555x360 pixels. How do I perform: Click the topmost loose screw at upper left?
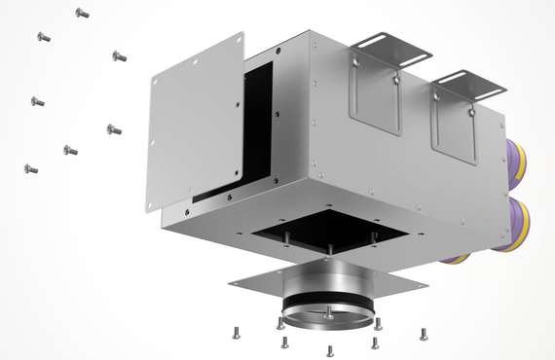click(82, 14)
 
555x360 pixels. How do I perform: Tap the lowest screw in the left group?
click(31, 169)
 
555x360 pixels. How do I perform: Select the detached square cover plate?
click(195, 122)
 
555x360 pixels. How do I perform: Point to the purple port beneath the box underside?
click(453, 260)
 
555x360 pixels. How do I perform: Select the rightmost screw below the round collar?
click(423, 334)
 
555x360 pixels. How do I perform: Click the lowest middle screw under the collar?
click(330, 350)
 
